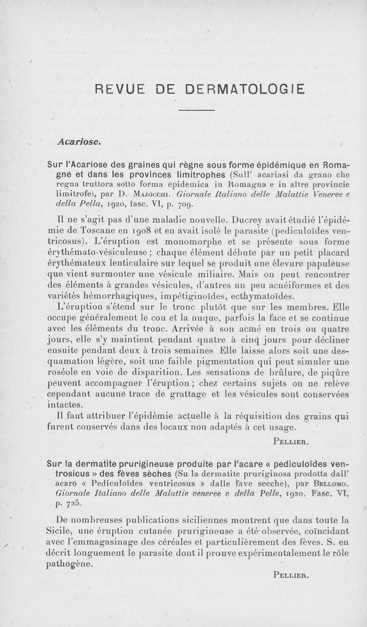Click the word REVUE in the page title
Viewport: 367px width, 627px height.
(x=115, y=88)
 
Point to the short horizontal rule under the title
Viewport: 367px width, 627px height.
(x=196, y=110)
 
